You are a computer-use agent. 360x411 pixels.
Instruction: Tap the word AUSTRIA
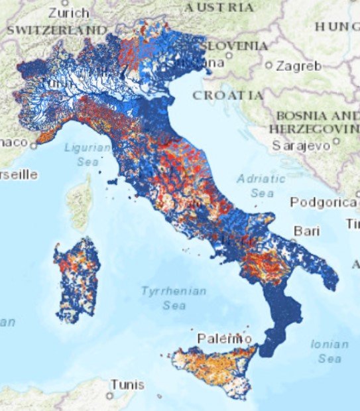pyautogui.click(x=218, y=7)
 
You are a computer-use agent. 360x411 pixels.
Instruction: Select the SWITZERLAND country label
pyautogui.click(x=56, y=30)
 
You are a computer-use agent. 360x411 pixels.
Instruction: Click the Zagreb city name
pyautogui.click(x=299, y=66)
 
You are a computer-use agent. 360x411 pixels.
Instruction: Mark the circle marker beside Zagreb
pyautogui.click(x=269, y=66)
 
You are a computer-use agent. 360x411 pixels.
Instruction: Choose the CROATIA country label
pyautogui.click(x=227, y=95)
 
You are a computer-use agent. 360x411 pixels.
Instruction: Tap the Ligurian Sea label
pyautogui.click(x=87, y=152)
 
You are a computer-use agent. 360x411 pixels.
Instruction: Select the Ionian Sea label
pyautogui.click(x=330, y=351)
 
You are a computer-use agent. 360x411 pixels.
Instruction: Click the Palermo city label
pyautogui.click(x=224, y=339)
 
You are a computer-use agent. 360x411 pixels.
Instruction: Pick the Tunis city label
pyautogui.click(x=127, y=384)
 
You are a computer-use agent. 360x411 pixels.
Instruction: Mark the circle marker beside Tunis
pyautogui.click(x=109, y=395)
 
